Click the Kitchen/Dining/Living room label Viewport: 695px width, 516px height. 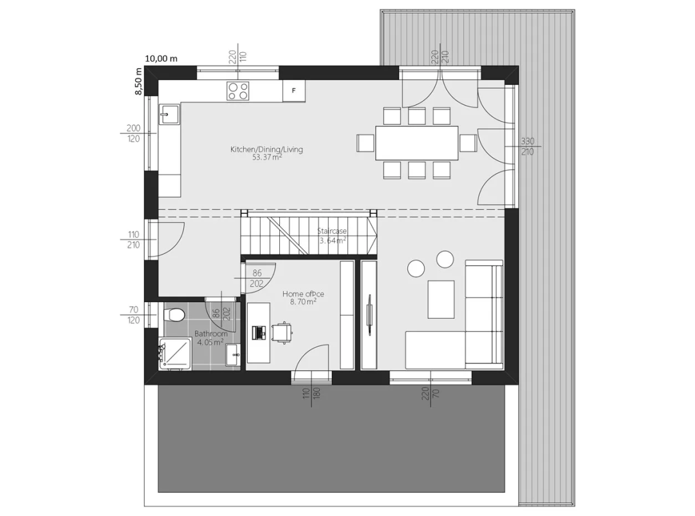(x=266, y=149)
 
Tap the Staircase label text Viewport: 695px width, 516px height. (x=332, y=231)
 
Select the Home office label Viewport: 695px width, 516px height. (x=303, y=294)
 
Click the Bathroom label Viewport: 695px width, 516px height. (x=211, y=334)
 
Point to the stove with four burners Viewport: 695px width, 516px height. (x=238, y=91)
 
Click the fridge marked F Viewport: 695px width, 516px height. (x=294, y=91)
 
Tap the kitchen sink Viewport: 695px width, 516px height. (x=169, y=115)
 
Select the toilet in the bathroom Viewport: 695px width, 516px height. (x=174, y=315)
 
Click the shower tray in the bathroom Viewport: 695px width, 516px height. (x=176, y=354)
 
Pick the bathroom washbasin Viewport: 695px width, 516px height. (x=233, y=355)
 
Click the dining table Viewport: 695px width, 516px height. (x=416, y=143)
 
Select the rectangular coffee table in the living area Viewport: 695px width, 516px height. (x=441, y=300)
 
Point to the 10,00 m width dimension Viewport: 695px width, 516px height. (x=161, y=59)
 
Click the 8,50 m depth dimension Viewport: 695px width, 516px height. (x=139, y=81)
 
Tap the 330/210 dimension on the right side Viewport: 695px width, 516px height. (x=528, y=146)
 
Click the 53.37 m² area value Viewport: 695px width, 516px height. (x=267, y=157)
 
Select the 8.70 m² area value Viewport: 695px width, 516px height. (x=303, y=301)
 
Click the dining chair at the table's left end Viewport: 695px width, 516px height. (x=366, y=143)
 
